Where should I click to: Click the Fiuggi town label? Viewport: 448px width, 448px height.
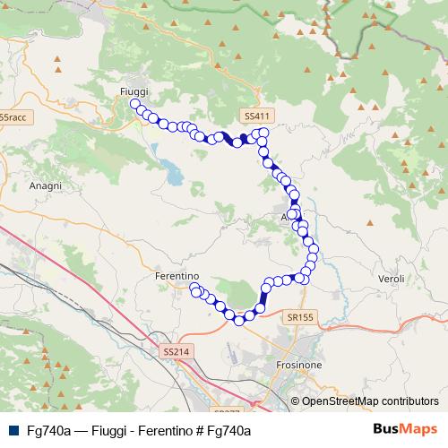pyautogui.click(x=134, y=91)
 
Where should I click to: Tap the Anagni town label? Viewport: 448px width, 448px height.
pyautogui.click(x=45, y=185)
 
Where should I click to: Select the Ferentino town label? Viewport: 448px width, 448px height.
pyautogui.click(x=176, y=276)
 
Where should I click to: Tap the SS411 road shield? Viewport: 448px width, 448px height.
pyautogui.click(x=255, y=116)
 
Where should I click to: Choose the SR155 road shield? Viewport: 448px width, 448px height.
pyautogui.click(x=301, y=316)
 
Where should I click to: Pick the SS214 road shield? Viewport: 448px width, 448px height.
pyautogui.click(x=177, y=352)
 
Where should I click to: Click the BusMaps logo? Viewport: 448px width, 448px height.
pyautogui.click(x=403, y=430)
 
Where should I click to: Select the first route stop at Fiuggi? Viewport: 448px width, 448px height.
pyautogui.click(x=135, y=105)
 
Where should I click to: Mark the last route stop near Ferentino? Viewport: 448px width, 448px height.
pyautogui.click(x=194, y=288)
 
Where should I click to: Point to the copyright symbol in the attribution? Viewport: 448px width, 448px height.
pyautogui.click(x=295, y=401)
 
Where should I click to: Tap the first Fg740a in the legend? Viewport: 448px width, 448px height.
pyautogui.click(x=48, y=431)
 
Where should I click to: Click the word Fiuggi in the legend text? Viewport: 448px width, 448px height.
pyautogui.click(x=109, y=431)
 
